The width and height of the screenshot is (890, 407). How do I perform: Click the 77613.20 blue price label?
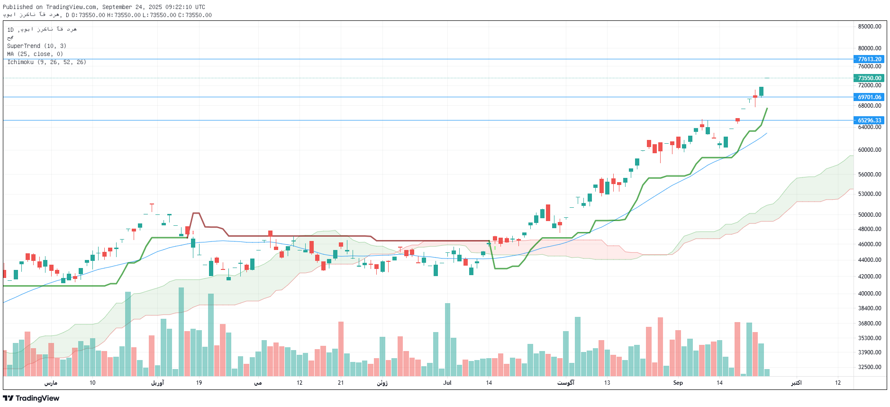pyautogui.click(x=869, y=59)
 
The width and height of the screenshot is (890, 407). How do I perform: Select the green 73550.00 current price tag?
pyautogui.click(x=869, y=78)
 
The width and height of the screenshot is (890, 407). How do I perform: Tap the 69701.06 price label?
pyautogui.click(x=869, y=97)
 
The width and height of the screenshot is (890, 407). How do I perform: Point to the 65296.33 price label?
pyautogui.click(x=869, y=120)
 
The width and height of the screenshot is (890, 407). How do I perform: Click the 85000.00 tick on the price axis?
pyautogui.click(x=869, y=27)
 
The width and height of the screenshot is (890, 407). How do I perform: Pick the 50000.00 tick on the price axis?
pyautogui.click(x=869, y=215)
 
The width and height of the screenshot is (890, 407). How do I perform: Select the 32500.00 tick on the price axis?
pyautogui.click(x=869, y=367)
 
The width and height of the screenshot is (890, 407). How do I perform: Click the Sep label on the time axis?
pyautogui.click(x=678, y=383)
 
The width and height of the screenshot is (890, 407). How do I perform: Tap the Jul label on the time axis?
pyautogui.click(x=447, y=383)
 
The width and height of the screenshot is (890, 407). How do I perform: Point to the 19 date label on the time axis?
pyautogui.click(x=199, y=383)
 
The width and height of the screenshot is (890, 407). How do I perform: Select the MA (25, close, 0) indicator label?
pyautogui.click(x=35, y=54)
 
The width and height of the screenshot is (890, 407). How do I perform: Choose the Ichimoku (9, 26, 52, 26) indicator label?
pyautogui.click(x=46, y=62)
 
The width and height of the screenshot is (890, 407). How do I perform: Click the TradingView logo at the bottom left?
pyautogui.click(x=31, y=398)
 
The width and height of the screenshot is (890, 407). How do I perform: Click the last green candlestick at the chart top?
pyautogui.click(x=761, y=91)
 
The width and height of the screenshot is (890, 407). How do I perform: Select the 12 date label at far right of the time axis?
pyautogui.click(x=837, y=383)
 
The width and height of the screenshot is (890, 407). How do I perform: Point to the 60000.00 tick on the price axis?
pyautogui.click(x=869, y=150)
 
